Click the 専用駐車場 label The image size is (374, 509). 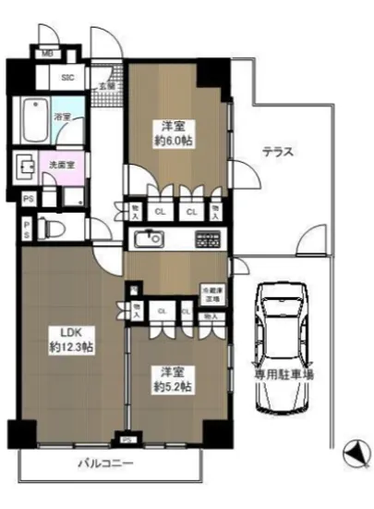(x=284, y=375)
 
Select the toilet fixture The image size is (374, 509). (x=56, y=227)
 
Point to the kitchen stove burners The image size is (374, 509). (x=206, y=239)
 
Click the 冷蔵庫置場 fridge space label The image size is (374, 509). (x=211, y=294)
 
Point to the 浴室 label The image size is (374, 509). (x=66, y=118)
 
